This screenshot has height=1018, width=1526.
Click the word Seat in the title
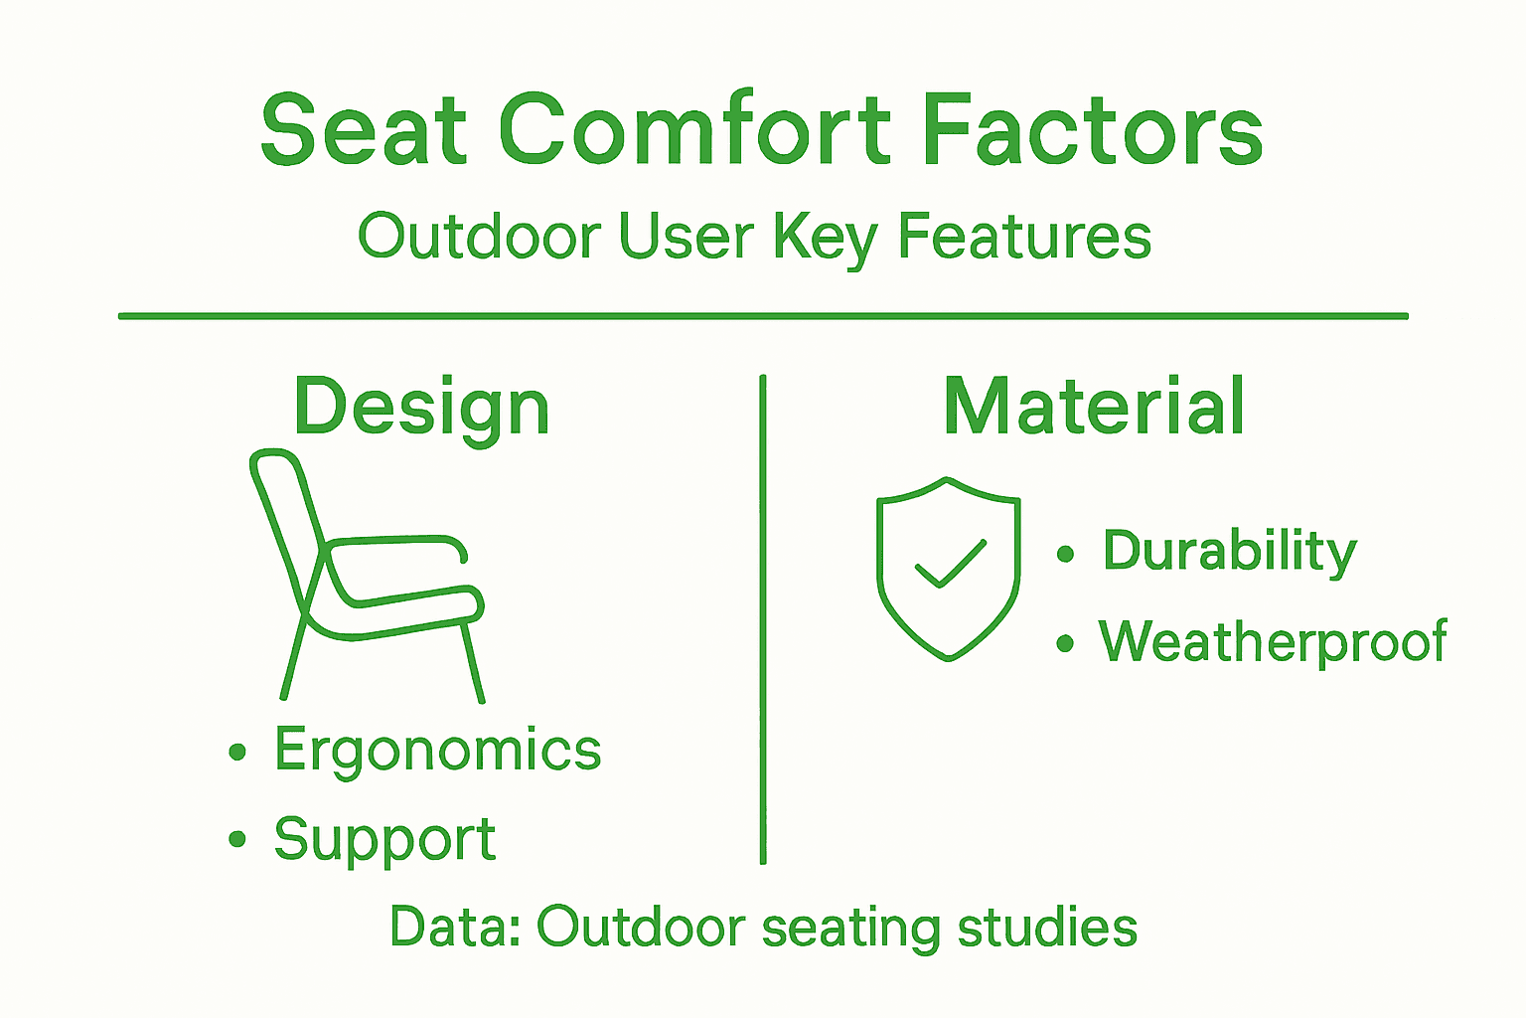pos(364,131)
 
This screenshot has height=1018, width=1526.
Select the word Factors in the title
pos(1092,131)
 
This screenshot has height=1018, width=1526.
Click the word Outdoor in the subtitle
pos(479,238)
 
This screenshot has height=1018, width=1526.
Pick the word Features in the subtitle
pos(1024,238)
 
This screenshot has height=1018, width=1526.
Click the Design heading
pos(421,408)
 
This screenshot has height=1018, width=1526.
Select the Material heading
pos(1094,408)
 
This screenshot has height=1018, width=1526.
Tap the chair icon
pos(368,577)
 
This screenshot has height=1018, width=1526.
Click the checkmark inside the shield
pos(950,565)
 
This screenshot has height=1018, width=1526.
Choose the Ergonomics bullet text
pos(438,750)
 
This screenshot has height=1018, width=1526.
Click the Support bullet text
pos(384,840)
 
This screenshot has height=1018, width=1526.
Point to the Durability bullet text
pos(1229,551)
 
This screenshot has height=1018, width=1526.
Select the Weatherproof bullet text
pos(1273,642)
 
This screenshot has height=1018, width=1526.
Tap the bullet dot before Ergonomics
pos(236,752)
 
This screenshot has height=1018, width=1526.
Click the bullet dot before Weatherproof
pos(1065,644)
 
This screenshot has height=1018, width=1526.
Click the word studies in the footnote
pos(1047,927)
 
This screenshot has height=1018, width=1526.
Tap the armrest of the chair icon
pos(397,542)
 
